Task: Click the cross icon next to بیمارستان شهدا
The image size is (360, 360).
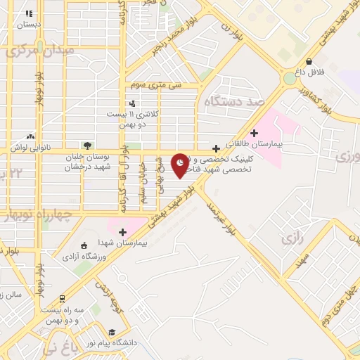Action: point(123,232)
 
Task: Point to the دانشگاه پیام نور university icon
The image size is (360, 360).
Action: point(111,333)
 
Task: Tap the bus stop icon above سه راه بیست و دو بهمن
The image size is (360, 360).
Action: point(62,299)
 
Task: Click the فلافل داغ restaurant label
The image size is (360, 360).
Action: point(309,72)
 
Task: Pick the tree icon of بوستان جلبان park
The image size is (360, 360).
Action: point(87,146)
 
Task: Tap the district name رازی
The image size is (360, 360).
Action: point(291,239)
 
